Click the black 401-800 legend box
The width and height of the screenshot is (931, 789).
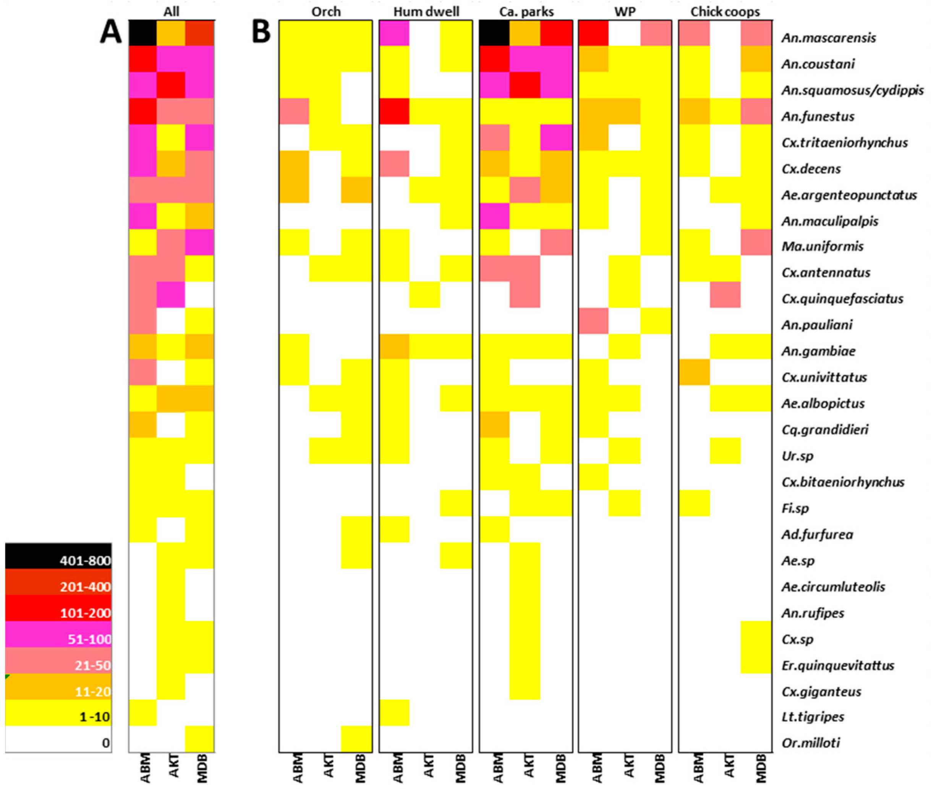[x=58, y=556]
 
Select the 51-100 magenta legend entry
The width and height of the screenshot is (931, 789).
[x=58, y=634]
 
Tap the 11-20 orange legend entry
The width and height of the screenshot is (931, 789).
[x=58, y=687]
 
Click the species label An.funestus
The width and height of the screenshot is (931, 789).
[x=818, y=117]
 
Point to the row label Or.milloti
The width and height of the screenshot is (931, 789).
[x=810, y=743]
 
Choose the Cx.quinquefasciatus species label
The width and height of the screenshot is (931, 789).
[x=842, y=299]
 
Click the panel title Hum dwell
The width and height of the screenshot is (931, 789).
[x=426, y=11]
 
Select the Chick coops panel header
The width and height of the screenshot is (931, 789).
[x=725, y=11]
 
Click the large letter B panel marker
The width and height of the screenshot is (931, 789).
[x=261, y=32]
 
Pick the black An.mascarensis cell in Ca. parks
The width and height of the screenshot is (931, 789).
[x=494, y=33]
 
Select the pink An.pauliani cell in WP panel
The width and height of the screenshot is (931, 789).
[x=593, y=321]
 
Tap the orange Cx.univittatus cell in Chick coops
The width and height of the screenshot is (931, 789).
[x=694, y=372]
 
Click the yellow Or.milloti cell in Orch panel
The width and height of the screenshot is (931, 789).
[x=356, y=739]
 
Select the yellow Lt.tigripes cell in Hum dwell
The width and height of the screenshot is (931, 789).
[x=394, y=713]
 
